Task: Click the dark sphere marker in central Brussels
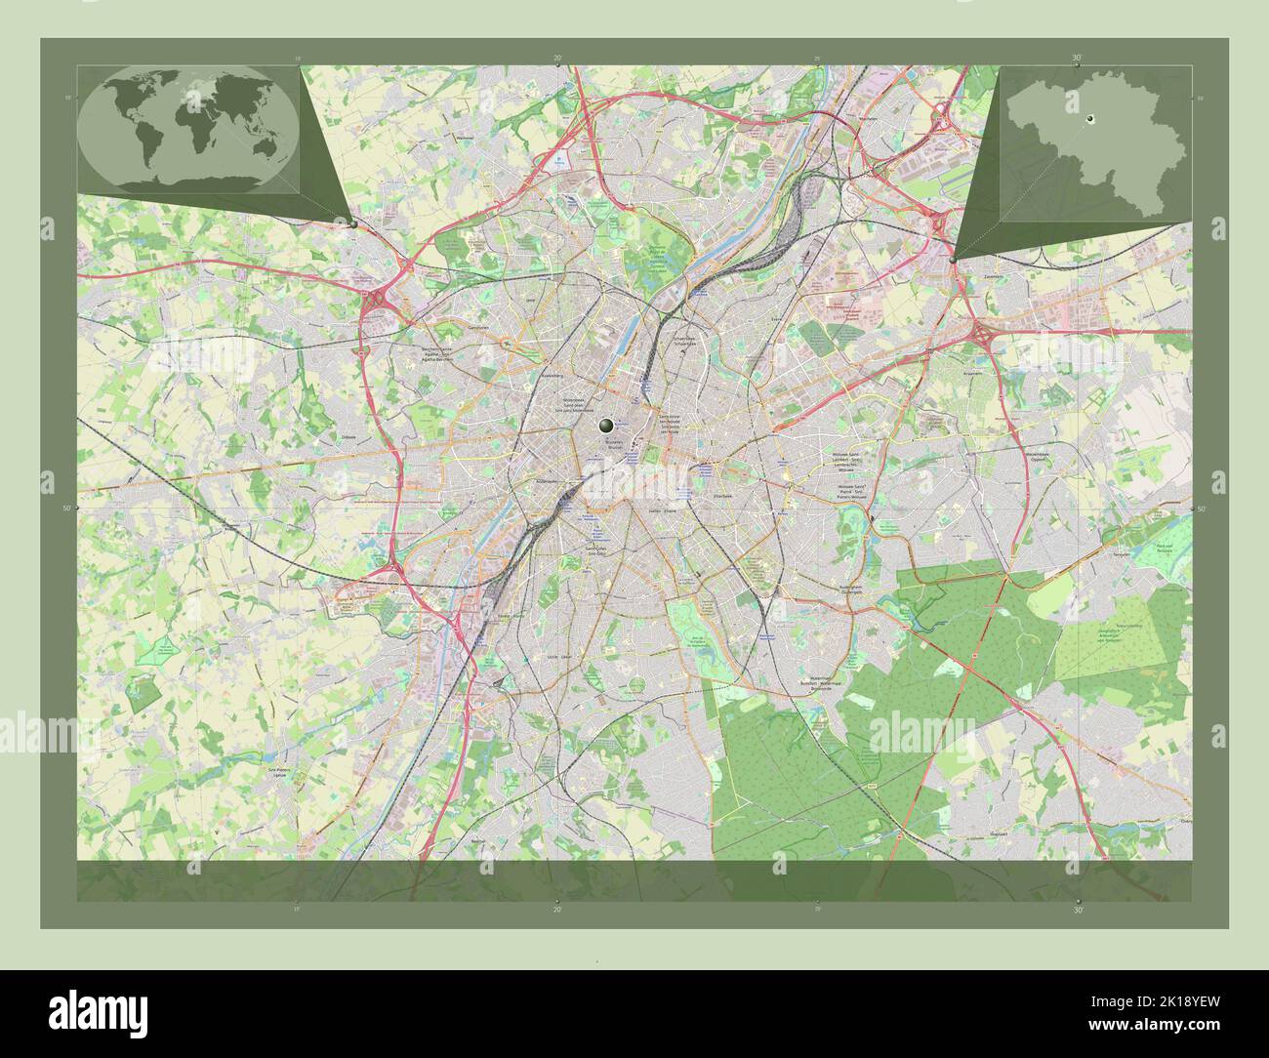[607, 425]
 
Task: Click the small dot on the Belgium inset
[1091, 119]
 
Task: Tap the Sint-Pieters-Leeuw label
[280, 773]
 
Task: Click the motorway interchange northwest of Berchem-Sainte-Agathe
[376, 305]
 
